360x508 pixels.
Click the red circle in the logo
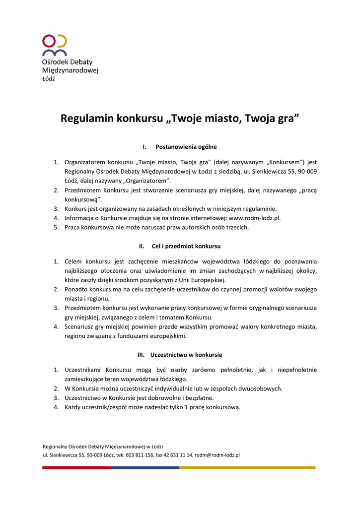point(49,40)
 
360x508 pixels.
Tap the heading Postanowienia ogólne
point(186,147)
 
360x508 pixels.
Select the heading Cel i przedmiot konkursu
point(186,246)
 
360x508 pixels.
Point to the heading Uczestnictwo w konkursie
point(186,355)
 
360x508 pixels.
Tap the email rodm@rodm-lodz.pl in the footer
point(217,454)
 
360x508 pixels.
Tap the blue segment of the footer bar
point(144,467)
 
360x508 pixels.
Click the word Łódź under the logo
point(49,79)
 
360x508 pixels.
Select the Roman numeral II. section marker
point(142,246)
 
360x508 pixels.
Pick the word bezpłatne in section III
point(200,398)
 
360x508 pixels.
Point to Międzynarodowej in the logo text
point(70,70)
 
